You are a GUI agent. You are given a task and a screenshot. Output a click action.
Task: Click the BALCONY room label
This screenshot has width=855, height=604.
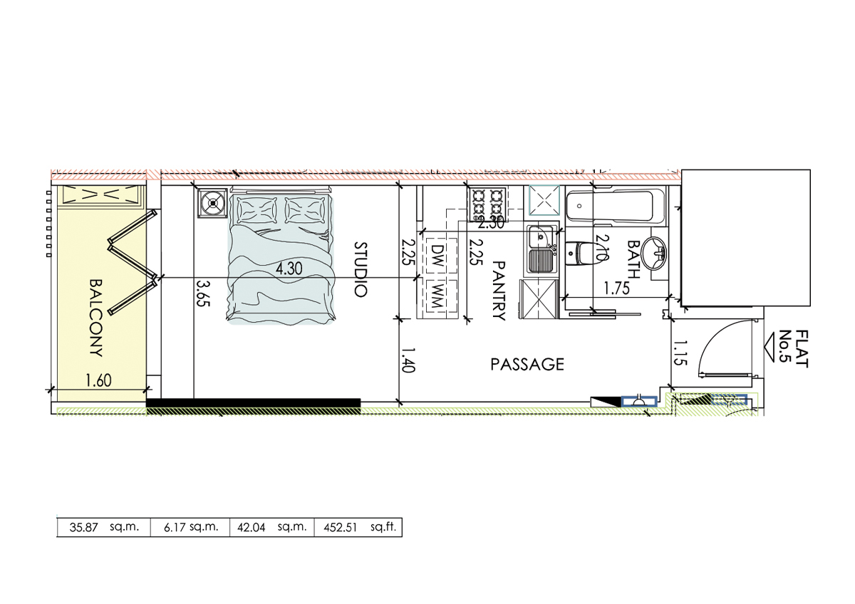tap(96, 318)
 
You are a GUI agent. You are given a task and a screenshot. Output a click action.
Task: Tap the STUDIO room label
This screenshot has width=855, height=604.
tap(361, 269)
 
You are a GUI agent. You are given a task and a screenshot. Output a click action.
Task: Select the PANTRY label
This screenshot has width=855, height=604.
tap(499, 291)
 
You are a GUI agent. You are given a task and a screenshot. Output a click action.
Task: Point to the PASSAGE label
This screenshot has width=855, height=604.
tap(527, 365)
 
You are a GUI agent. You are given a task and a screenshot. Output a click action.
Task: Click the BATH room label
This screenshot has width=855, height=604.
tap(634, 259)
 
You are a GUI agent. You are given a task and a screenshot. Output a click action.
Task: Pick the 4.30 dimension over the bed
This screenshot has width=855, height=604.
tap(289, 269)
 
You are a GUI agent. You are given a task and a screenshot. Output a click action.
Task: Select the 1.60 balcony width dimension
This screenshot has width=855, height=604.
tap(98, 380)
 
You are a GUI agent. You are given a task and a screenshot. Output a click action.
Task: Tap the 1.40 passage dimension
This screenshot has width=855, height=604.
tap(408, 360)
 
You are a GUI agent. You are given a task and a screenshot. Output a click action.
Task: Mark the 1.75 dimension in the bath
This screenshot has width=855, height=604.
tap(616, 289)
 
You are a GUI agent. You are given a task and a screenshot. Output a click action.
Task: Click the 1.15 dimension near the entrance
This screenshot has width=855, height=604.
tap(680, 353)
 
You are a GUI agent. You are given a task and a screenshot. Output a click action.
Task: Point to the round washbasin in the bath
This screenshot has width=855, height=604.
tap(654, 253)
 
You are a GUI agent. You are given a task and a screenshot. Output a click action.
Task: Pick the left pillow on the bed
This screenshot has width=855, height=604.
tap(257, 210)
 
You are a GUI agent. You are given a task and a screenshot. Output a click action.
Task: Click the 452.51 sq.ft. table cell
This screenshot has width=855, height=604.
tap(358, 527)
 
